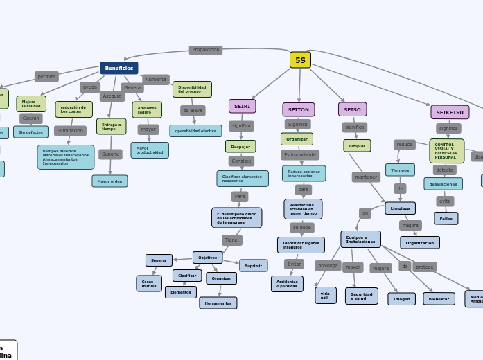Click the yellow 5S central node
(x=300, y=60)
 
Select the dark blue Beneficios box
(x=119, y=68)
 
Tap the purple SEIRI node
(x=243, y=106)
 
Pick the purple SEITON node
(x=299, y=109)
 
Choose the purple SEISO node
(x=353, y=109)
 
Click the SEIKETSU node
(x=450, y=112)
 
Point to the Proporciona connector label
(x=206, y=50)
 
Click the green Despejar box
(x=240, y=146)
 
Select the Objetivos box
(x=208, y=257)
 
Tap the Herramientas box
(x=218, y=303)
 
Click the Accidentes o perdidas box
(x=287, y=283)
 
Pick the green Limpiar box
(x=357, y=145)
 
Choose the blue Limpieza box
(x=400, y=208)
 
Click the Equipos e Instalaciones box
(x=360, y=239)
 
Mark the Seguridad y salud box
(x=362, y=296)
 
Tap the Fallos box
(x=446, y=218)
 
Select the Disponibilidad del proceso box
(x=192, y=89)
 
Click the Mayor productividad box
(x=150, y=150)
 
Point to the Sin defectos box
(x=31, y=132)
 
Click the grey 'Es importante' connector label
(x=300, y=154)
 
